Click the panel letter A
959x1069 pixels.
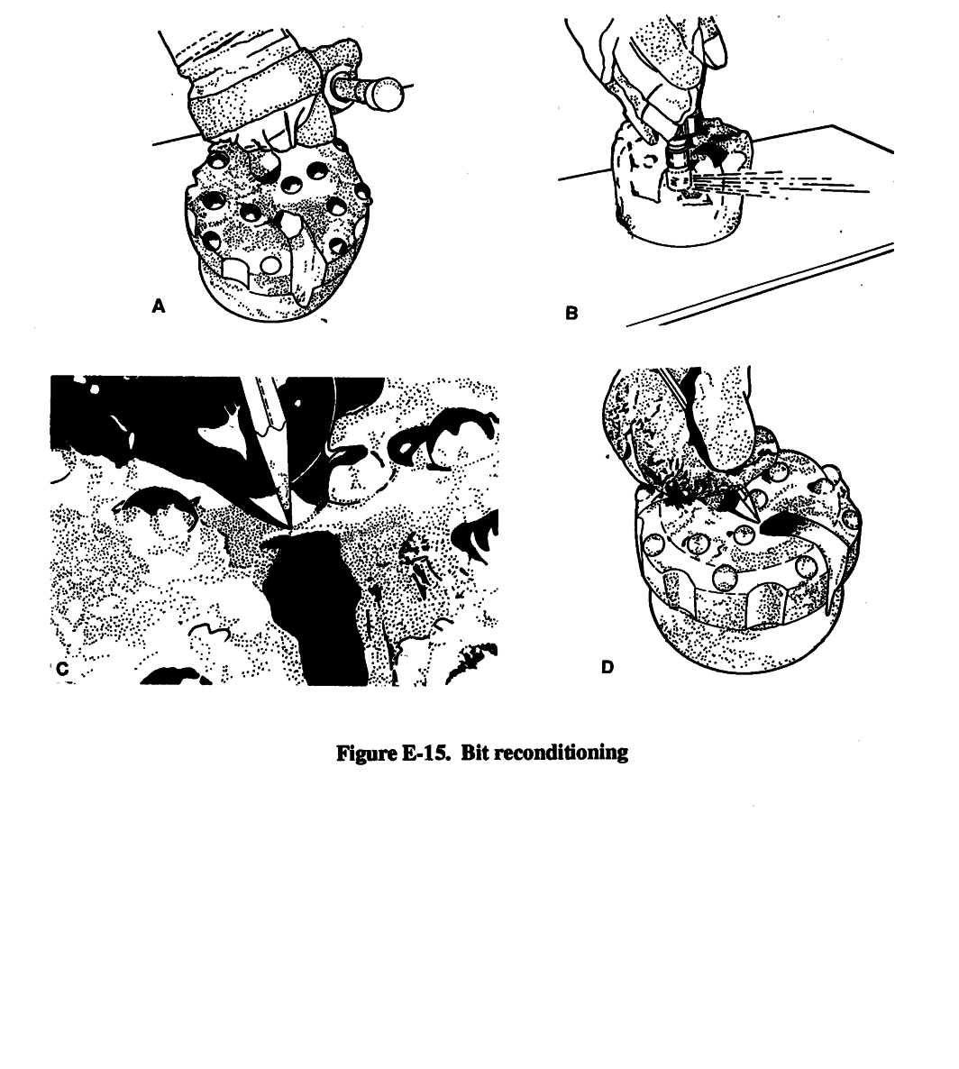[159, 306]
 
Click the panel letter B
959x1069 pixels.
[571, 313]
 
